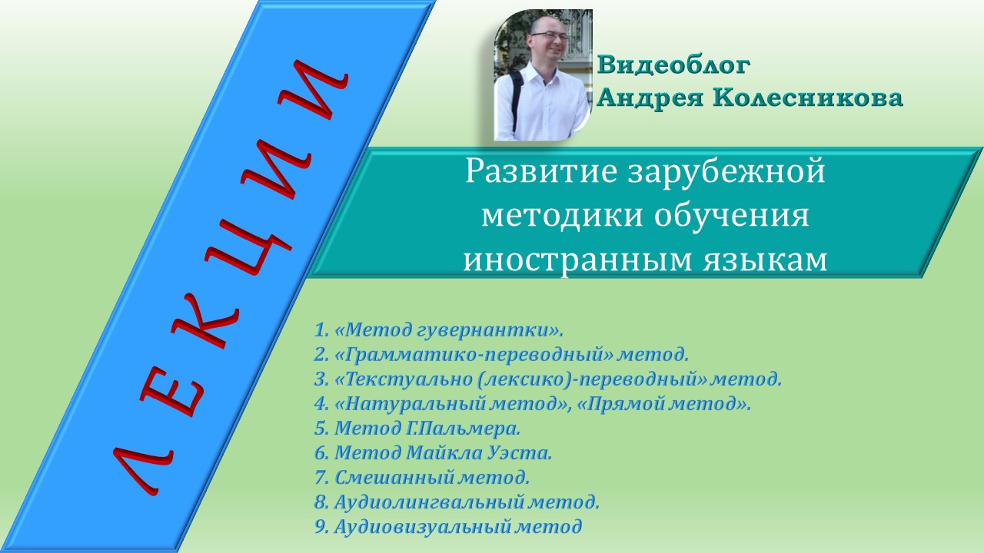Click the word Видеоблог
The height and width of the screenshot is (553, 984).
pyautogui.click(x=673, y=66)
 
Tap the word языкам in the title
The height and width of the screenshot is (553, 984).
pyautogui.click(x=771, y=261)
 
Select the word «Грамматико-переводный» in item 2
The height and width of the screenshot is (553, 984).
pyautogui.click(x=475, y=355)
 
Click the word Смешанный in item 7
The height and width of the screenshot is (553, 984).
pyautogui.click(x=394, y=477)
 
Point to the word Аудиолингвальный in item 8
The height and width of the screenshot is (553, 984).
pyautogui.click(x=429, y=502)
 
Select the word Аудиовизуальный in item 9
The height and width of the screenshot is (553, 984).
pyautogui.click(x=423, y=526)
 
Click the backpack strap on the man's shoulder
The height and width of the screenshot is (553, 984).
pyautogui.click(x=516, y=92)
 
